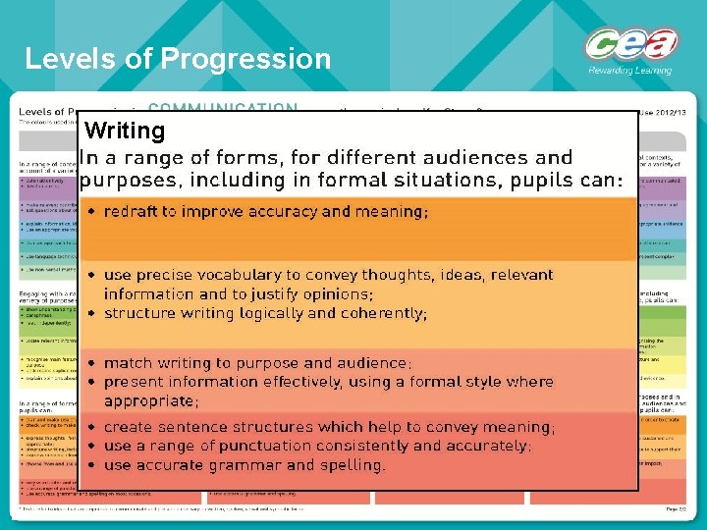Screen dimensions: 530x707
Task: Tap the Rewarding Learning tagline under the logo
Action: (x=629, y=70)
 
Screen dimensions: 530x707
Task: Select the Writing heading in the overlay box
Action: (x=125, y=131)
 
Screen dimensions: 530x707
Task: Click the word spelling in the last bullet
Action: (x=351, y=465)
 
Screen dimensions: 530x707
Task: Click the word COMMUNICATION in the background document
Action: (x=223, y=108)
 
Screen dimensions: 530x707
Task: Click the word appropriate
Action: (x=148, y=400)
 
